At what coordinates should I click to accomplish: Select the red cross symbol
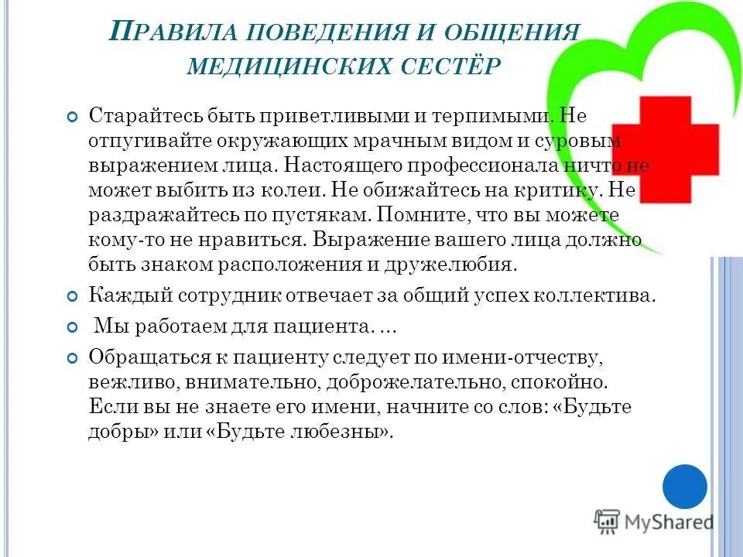point(666,152)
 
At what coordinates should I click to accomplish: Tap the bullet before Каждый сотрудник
point(73,296)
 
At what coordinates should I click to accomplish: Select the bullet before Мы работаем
point(73,328)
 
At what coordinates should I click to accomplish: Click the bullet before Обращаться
point(73,358)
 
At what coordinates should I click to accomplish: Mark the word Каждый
point(124,296)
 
